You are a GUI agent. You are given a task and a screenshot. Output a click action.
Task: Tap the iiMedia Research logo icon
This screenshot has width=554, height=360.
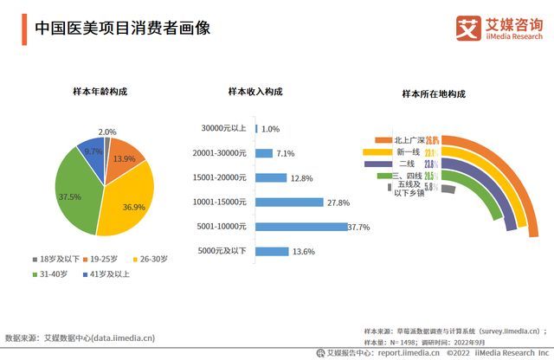468,27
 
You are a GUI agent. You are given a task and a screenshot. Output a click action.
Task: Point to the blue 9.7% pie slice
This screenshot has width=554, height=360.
92,151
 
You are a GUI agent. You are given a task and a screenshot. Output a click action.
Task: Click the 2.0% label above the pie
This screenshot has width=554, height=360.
107,132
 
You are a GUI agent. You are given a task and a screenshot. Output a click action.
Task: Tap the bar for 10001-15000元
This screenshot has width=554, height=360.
289,202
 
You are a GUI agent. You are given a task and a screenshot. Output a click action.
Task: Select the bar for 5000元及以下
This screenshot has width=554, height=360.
272,252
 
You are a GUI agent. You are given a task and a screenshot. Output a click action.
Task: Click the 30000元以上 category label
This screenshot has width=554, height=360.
223,129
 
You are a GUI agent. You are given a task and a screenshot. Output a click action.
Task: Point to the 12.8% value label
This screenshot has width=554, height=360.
301,178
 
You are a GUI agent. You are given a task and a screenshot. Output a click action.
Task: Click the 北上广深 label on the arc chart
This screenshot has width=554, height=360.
409,139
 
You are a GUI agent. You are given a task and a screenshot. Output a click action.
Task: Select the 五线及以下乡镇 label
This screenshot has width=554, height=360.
409,188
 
